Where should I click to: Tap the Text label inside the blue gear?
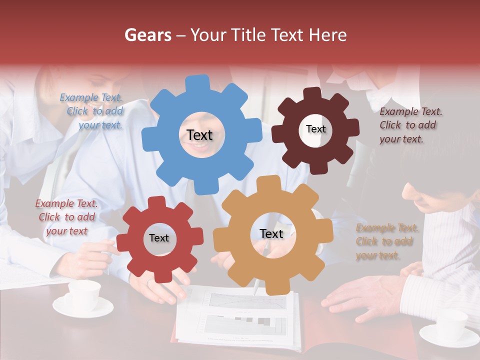pyautogui.click(x=199, y=135)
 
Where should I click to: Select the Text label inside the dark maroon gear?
pyautogui.click(x=315, y=129)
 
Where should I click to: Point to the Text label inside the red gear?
pyautogui.click(x=159, y=238)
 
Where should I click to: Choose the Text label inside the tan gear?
pyautogui.click(x=271, y=233)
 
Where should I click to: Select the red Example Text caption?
pyautogui.click(x=67, y=217)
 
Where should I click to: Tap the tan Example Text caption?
pyautogui.click(x=386, y=242)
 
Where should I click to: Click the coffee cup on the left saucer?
pyautogui.click(x=83, y=294)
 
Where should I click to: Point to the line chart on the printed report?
pyautogui.click(x=247, y=301)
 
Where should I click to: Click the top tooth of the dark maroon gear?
pyautogui.click(x=312, y=93)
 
